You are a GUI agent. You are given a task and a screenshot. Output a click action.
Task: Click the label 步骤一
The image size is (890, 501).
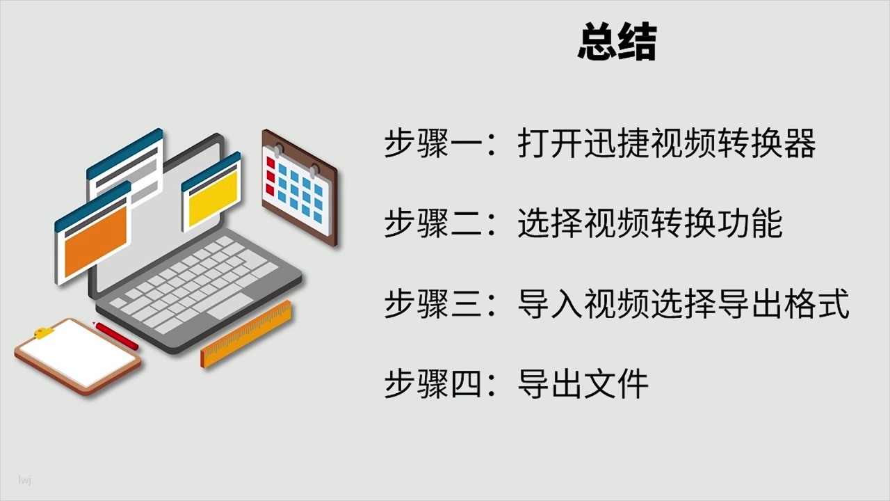[433, 143]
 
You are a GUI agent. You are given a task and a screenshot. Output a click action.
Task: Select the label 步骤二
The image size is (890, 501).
[433, 223]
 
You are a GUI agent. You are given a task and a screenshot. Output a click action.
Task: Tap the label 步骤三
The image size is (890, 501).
[433, 304]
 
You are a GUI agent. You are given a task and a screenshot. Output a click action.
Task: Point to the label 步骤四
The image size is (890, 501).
[433, 383]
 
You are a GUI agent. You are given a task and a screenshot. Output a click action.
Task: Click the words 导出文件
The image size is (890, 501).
[583, 383]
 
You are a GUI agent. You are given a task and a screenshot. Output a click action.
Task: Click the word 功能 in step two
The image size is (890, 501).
[750, 223]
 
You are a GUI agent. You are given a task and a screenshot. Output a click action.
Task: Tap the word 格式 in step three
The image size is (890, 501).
[817, 304]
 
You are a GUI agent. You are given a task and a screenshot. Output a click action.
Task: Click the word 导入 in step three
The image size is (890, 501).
[551, 304]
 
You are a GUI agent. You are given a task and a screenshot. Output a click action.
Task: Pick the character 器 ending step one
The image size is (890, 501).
[800, 143]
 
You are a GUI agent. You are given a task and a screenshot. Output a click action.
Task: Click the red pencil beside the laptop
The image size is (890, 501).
[115, 335]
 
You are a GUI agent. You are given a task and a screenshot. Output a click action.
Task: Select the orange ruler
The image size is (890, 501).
[246, 334]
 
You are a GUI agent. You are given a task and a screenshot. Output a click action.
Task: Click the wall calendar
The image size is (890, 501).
[300, 187]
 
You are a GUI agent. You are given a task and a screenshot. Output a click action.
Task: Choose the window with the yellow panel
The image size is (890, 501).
[211, 192]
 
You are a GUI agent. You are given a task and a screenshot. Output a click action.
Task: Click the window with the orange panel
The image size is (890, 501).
[93, 233]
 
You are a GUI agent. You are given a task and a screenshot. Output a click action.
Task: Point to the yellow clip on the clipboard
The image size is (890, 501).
[44, 333]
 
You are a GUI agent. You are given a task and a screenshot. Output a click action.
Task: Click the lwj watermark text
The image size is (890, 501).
[24, 480]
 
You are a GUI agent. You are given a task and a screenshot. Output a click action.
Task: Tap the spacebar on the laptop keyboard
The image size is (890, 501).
[229, 307]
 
